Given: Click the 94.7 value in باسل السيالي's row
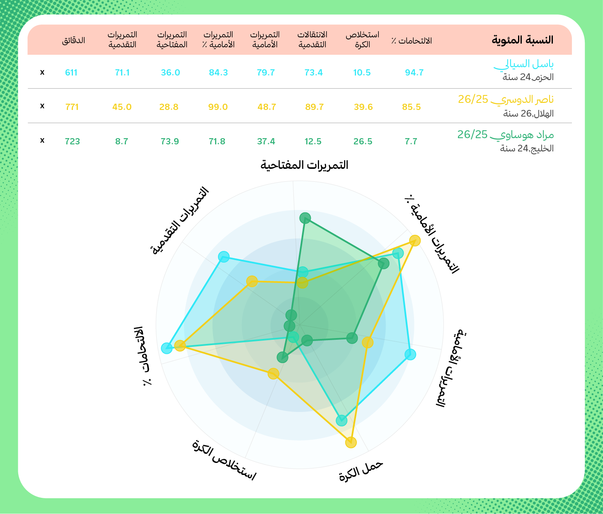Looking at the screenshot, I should pos(414,73).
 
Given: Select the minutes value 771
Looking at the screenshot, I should pos(72,107).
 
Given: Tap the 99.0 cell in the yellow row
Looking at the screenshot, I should pos(218,107).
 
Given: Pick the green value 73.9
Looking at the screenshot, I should pos(170,141).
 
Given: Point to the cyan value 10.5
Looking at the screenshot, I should pos(362,73).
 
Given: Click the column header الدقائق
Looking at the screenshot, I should pos(73,40).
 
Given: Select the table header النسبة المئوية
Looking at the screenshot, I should pos(523,40).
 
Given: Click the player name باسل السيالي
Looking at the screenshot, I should pos(524,64).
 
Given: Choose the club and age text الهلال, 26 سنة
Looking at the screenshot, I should pos(528,114).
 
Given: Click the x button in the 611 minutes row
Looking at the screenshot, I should pos(42,73).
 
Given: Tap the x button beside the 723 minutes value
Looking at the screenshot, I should pos(42,141).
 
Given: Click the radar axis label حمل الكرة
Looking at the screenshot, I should pos(361,470).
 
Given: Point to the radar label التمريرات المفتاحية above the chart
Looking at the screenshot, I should pos(304,165).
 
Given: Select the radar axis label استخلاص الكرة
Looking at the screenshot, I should pos(224,460).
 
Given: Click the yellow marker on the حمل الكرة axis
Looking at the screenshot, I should pos(351,443).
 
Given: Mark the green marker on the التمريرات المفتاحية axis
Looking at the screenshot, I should pos(305,218).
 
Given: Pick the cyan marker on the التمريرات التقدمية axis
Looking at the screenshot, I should pos(224,257).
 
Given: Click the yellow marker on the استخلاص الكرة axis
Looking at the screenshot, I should pos(273,374).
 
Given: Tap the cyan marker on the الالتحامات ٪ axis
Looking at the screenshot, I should pos(167,348).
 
